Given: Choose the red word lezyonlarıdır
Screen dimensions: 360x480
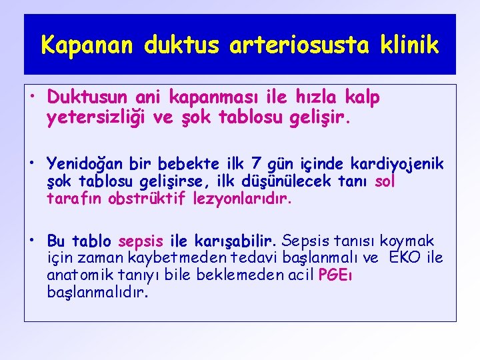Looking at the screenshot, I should point(239,199).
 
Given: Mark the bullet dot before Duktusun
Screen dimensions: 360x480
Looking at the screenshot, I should point(33,95).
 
